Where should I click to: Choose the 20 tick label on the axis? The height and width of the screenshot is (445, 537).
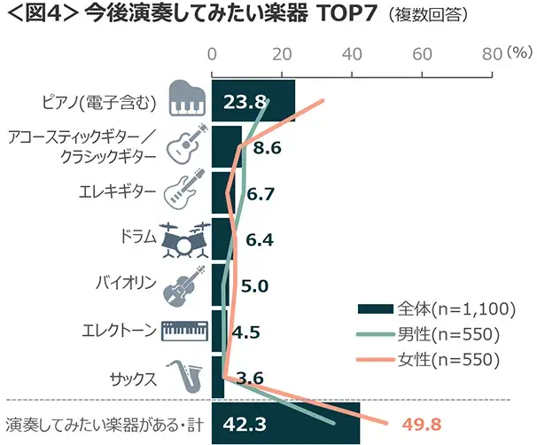282,54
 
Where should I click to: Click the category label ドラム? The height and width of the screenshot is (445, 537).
136,237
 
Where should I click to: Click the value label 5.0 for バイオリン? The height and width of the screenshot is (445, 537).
254,285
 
